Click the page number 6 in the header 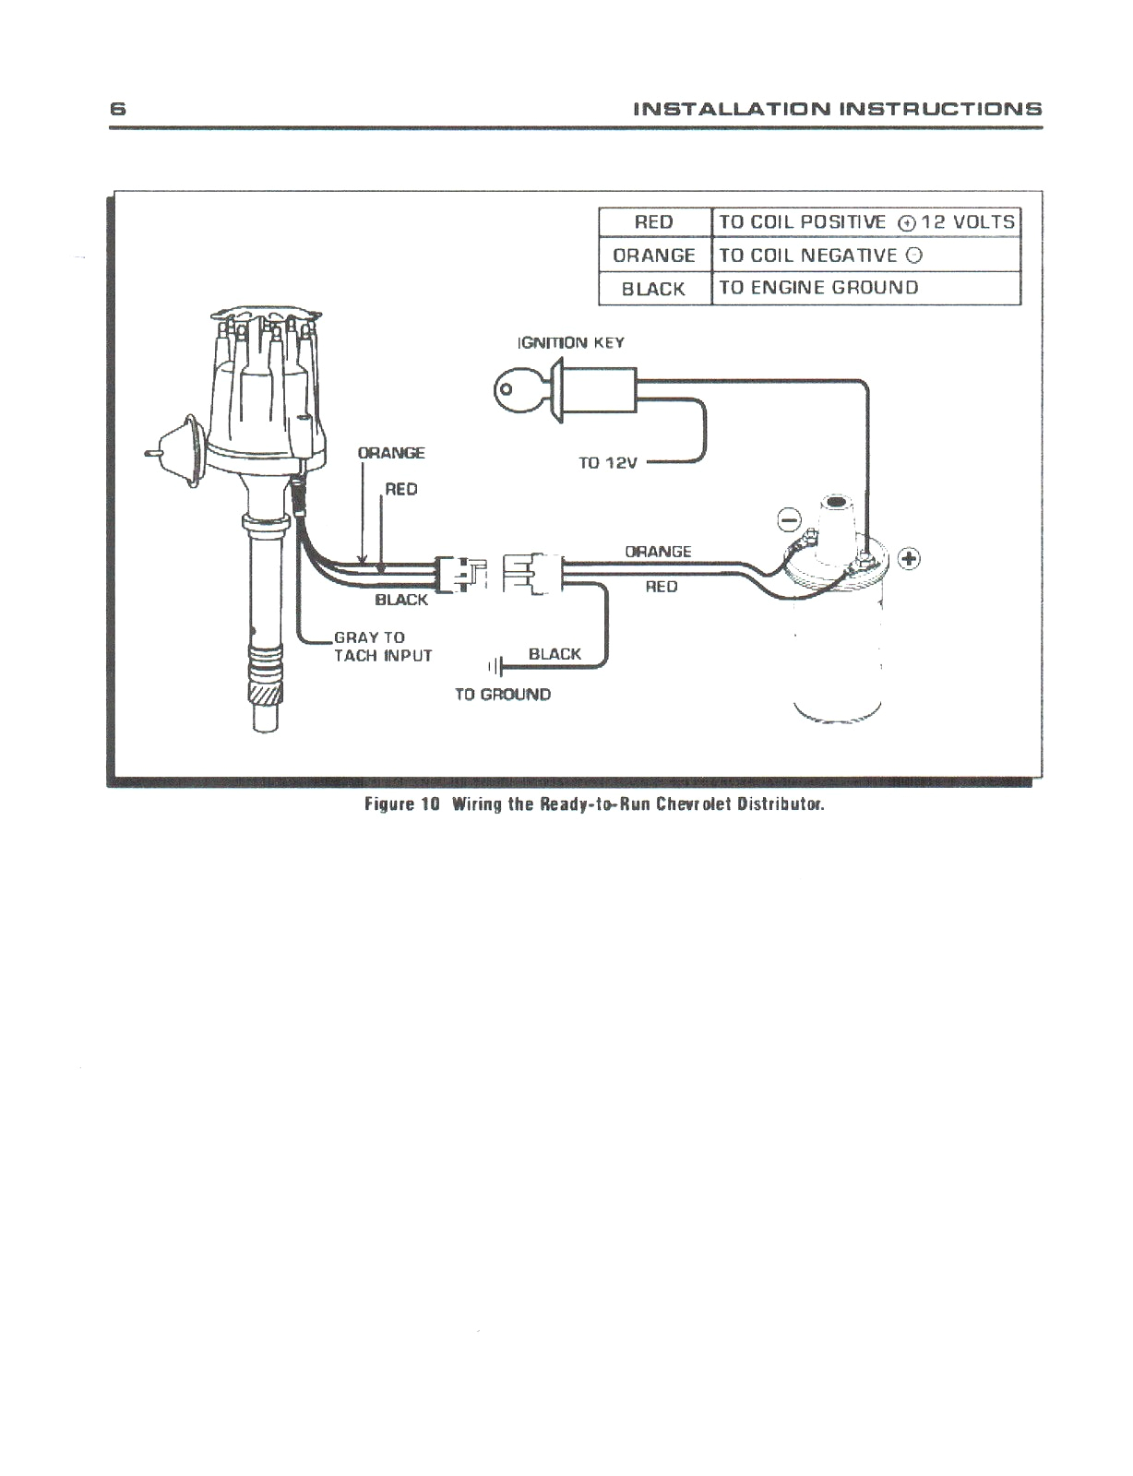coord(117,109)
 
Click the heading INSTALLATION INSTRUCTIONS coord(838,109)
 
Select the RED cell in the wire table coord(654,222)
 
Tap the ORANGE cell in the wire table coord(654,256)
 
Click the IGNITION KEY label coord(571,343)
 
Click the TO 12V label coord(607,463)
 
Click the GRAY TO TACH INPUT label coord(382,647)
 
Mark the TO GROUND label coord(502,695)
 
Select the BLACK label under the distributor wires coord(401,601)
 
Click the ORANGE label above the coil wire coord(658,552)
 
